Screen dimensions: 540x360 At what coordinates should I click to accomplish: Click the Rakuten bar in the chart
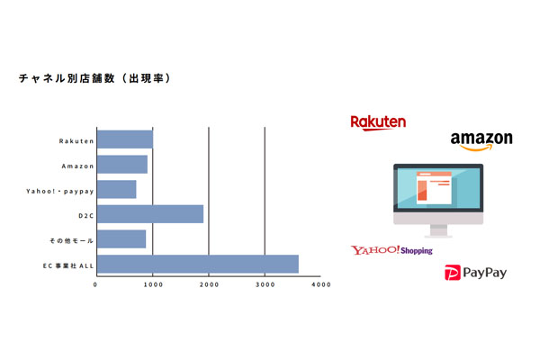click(125, 139)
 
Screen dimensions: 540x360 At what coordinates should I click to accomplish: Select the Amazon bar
click(122, 165)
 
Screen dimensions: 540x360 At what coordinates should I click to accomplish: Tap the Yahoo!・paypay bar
click(117, 189)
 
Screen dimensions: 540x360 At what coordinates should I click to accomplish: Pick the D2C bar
click(150, 214)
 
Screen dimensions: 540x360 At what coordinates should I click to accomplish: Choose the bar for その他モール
click(121, 239)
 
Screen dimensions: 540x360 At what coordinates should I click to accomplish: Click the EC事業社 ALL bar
click(198, 265)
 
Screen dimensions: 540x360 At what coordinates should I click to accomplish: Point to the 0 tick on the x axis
click(95, 284)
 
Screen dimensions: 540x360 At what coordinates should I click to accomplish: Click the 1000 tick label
click(153, 284)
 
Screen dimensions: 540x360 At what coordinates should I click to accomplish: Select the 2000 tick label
click(209, 284)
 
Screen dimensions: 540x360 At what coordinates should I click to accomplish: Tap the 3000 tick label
click(265, 284)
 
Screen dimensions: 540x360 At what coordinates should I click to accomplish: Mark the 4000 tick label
click(321, 284)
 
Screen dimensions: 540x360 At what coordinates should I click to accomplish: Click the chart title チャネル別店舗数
click(67, 78)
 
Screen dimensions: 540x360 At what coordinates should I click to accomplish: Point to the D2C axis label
click(86, 216)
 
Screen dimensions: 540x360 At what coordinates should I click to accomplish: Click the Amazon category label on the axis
click(77, 166)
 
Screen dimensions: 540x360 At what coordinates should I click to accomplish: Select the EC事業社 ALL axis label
click(68, 266)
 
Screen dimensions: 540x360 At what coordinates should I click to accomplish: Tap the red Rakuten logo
click(378, 122)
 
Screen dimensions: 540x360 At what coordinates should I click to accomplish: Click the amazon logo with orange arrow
click(481, 141)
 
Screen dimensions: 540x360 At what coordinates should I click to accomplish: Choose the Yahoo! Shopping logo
click(391, 250)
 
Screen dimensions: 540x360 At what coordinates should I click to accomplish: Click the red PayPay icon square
click(453, 273)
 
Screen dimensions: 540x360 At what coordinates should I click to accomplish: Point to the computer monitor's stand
click(438, 230)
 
